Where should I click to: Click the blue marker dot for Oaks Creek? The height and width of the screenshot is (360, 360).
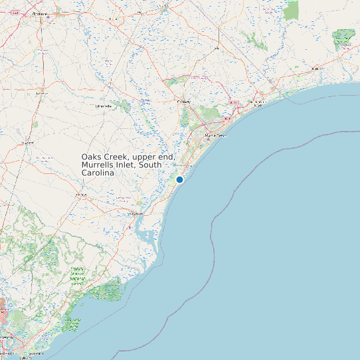coord(179,179)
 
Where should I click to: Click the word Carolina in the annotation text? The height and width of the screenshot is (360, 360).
coord(98,173)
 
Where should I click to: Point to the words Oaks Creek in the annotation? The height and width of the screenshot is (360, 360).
coord(103,157)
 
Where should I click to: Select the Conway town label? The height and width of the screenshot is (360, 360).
coord(183,101)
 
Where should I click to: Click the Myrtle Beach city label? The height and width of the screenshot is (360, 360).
coord(216,135)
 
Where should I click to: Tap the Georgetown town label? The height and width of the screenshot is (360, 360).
coord(135,214)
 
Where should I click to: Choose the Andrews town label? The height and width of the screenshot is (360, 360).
coord(82,195)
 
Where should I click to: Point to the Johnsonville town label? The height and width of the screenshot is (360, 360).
coord(104,106)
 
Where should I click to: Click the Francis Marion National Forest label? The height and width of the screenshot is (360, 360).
coord(78,276)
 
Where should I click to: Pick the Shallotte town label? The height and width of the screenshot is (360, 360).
coord(318,68)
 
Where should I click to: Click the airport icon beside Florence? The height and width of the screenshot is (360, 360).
coord(45,19)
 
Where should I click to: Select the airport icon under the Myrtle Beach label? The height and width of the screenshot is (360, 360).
coord(207,140)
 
